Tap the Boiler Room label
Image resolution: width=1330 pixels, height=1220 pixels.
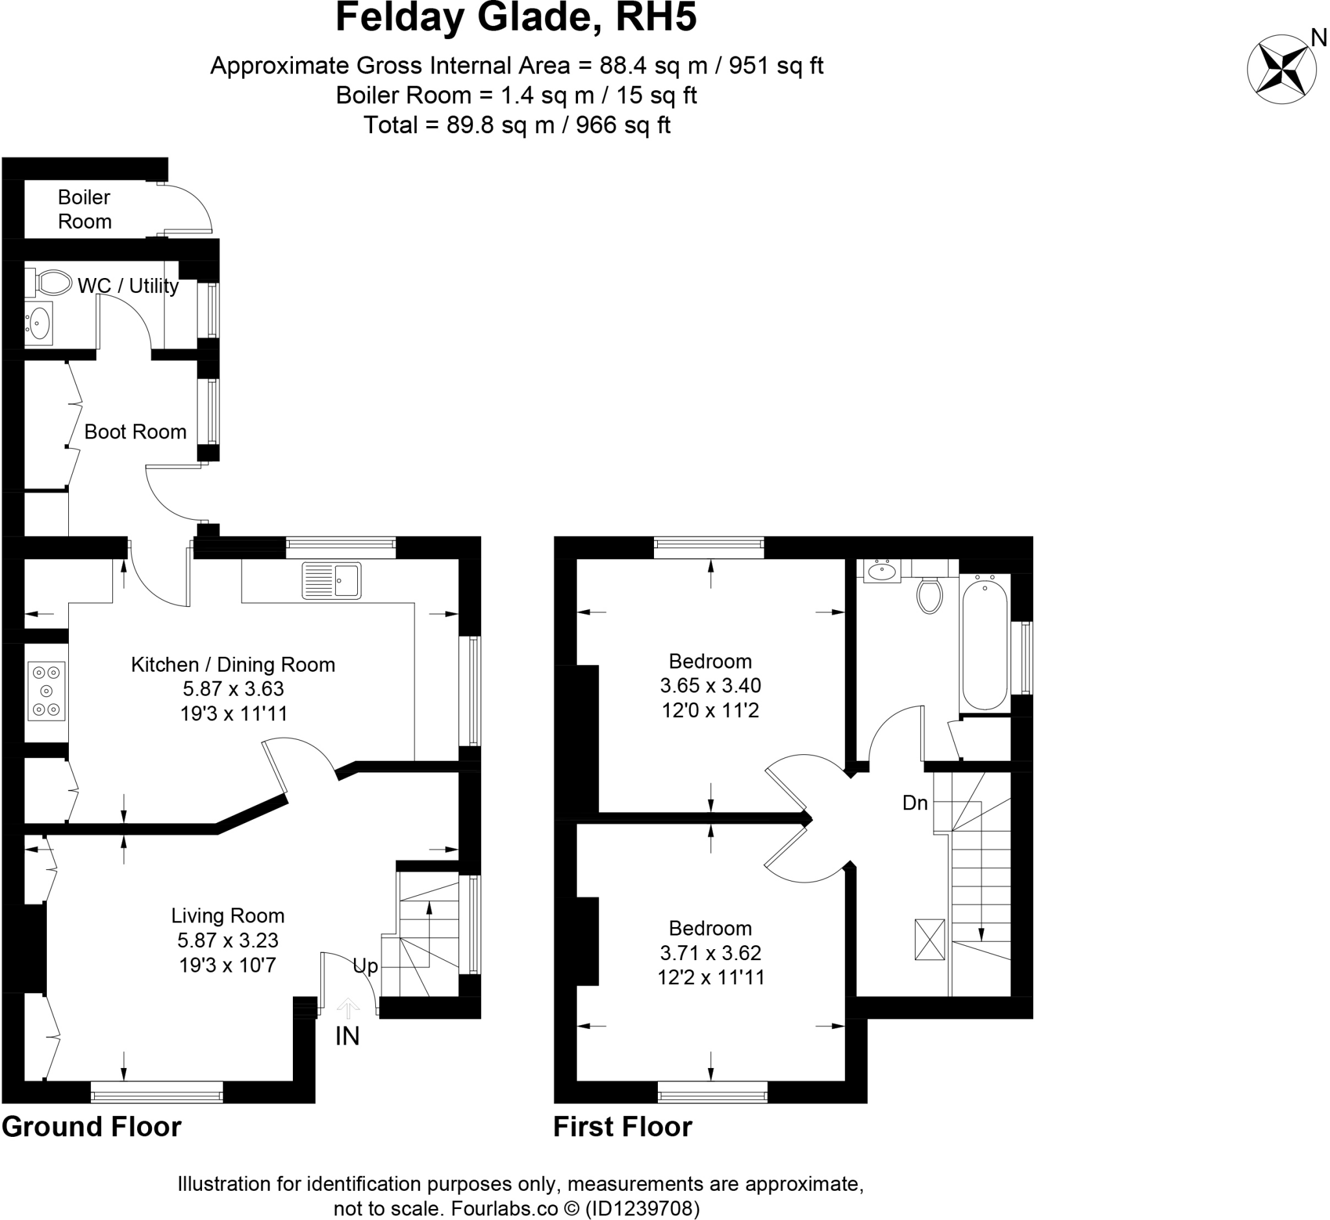84,209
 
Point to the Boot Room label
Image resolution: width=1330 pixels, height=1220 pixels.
135,432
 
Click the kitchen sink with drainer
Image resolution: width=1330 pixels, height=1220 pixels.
331,580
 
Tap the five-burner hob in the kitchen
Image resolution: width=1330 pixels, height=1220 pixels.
46,691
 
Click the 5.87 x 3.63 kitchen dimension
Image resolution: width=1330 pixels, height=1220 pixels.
233,689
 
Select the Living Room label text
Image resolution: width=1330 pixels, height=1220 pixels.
228,916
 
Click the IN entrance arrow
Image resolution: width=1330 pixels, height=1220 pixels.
348,1008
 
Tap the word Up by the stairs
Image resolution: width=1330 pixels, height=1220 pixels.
365,966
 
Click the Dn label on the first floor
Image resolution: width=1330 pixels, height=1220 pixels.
915,803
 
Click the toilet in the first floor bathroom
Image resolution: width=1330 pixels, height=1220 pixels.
929,595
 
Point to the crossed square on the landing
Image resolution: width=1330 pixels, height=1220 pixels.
929,939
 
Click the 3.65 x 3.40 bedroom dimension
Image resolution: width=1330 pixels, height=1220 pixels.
710,685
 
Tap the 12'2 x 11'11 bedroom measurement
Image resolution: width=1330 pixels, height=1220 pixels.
710,977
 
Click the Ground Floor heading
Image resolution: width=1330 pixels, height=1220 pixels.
92,1127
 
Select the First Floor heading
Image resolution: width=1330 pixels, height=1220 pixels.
622,1127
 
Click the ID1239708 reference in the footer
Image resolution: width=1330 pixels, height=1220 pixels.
642,1208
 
